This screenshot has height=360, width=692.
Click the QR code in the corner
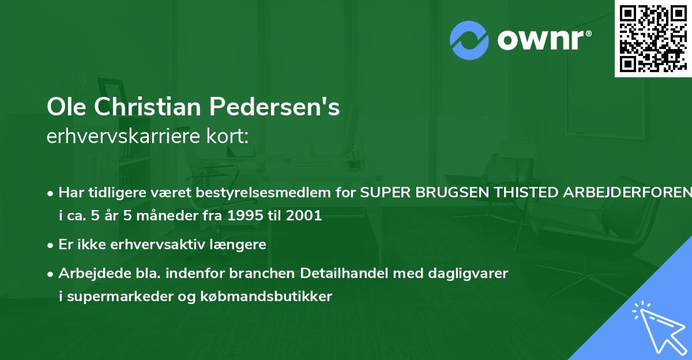click(x=653, y=39)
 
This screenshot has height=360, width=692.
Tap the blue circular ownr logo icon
click(x=469, y=40)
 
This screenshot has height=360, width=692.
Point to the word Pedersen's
click(x=274, y=107)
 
